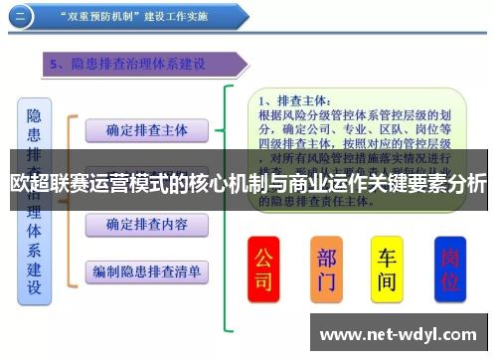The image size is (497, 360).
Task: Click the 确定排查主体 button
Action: [146, 129]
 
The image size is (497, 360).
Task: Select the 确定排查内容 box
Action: [146, 224]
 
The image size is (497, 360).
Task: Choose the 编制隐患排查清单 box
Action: [146, 270]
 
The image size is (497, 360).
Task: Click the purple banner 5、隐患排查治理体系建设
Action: [144, 65]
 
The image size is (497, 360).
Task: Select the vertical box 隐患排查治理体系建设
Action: [34, 199]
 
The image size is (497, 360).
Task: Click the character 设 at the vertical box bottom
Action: [34, 288]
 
